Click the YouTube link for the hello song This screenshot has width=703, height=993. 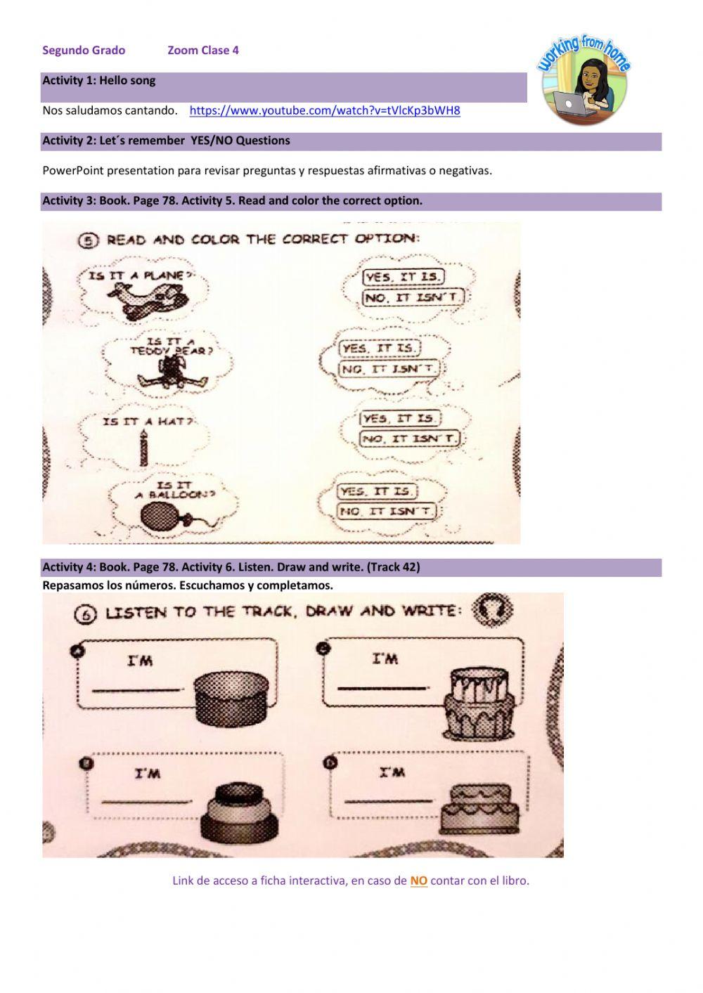click(325, 110)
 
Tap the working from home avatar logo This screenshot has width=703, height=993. click(585, 82)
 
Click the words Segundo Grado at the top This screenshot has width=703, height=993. click(84, 50)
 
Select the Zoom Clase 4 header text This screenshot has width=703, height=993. click(203, 50)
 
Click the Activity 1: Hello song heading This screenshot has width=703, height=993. click(99, 80)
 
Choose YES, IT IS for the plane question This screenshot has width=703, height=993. click(403, 277)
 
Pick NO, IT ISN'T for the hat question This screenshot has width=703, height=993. click(410, 439)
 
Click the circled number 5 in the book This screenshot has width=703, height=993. click(87, 240)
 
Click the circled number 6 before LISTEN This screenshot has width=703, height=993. click(85, 614)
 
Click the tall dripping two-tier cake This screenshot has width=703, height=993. click(479, 703)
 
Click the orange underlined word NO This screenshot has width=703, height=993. click(418, 881)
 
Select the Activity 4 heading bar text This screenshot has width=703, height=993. click(231, 566)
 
